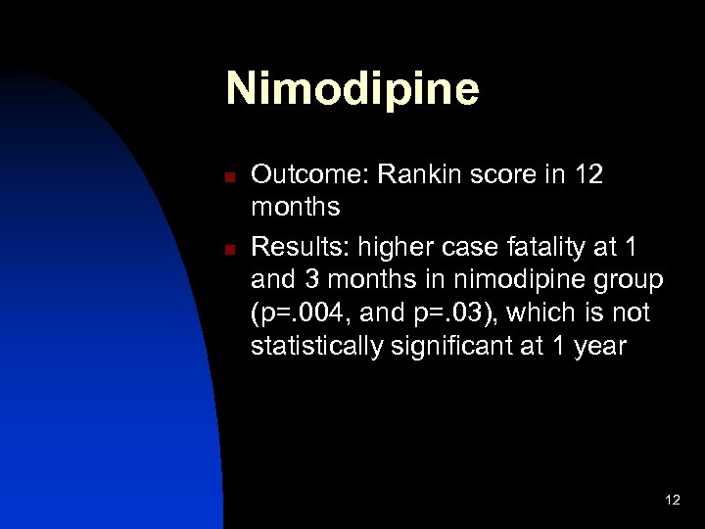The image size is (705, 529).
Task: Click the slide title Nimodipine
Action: [x=352, y=89]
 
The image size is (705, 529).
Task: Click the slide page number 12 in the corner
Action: [x=672, y=501]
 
